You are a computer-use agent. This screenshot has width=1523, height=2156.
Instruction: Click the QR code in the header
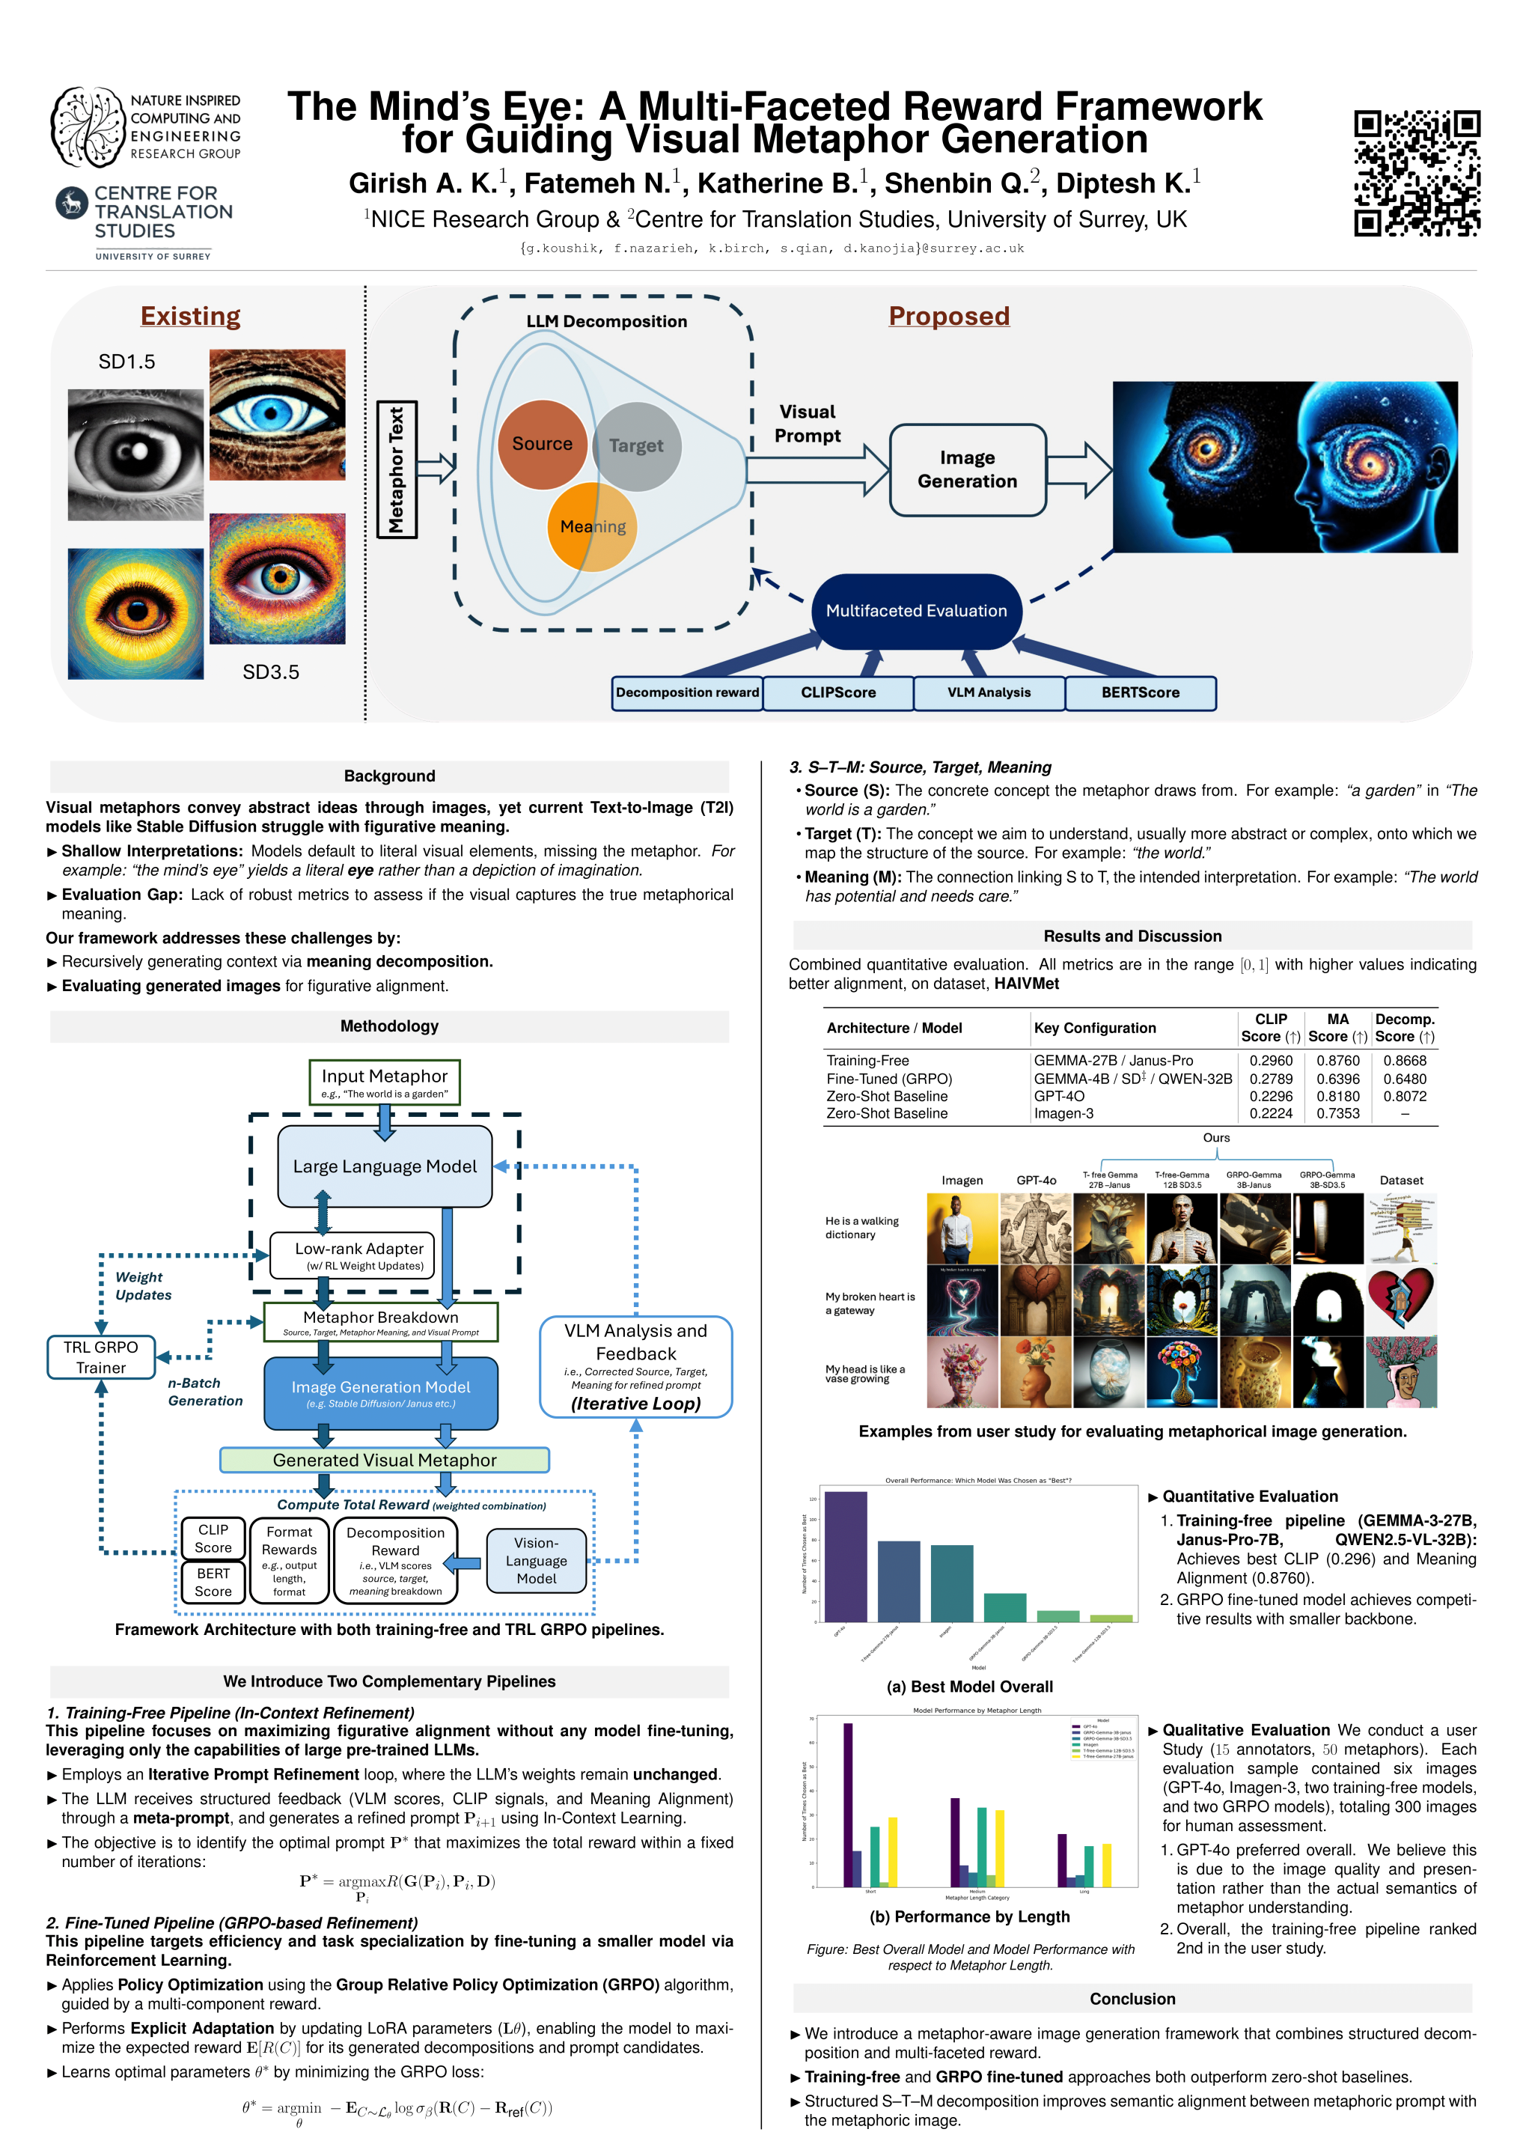1416,173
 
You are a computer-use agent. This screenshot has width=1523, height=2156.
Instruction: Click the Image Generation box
967,469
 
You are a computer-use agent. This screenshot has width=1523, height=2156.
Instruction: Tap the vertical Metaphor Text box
396,469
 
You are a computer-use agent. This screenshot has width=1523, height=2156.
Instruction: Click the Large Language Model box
384,1166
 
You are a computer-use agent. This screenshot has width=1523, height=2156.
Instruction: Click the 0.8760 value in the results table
1337,1061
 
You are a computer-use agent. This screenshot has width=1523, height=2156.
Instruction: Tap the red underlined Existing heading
191,317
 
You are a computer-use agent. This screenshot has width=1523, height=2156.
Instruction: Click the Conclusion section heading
1132,2000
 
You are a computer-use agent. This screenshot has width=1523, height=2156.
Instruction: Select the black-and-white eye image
135,455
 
